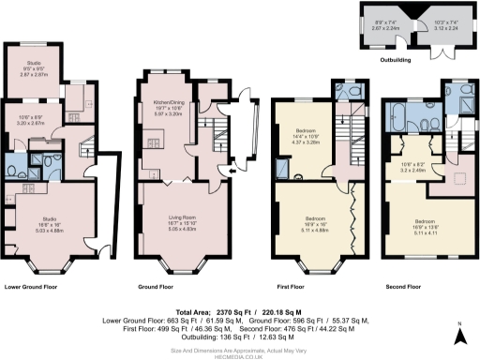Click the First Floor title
click(292, 286)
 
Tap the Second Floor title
click(406, 286)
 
